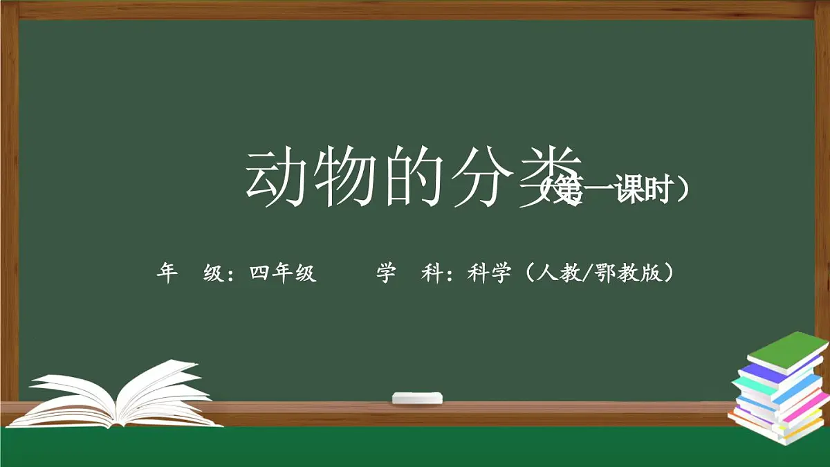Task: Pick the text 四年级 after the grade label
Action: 283,274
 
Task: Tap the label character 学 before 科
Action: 386,274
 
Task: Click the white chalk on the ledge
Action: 417,398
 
